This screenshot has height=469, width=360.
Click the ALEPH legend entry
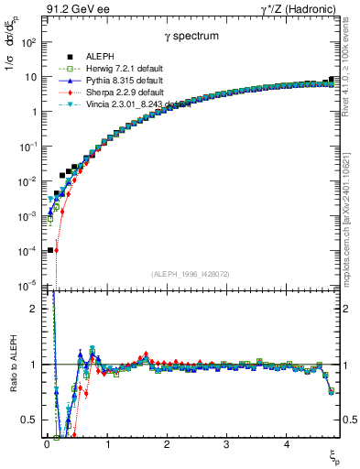click(96, 56)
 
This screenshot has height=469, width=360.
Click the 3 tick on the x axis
click(226, 445)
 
